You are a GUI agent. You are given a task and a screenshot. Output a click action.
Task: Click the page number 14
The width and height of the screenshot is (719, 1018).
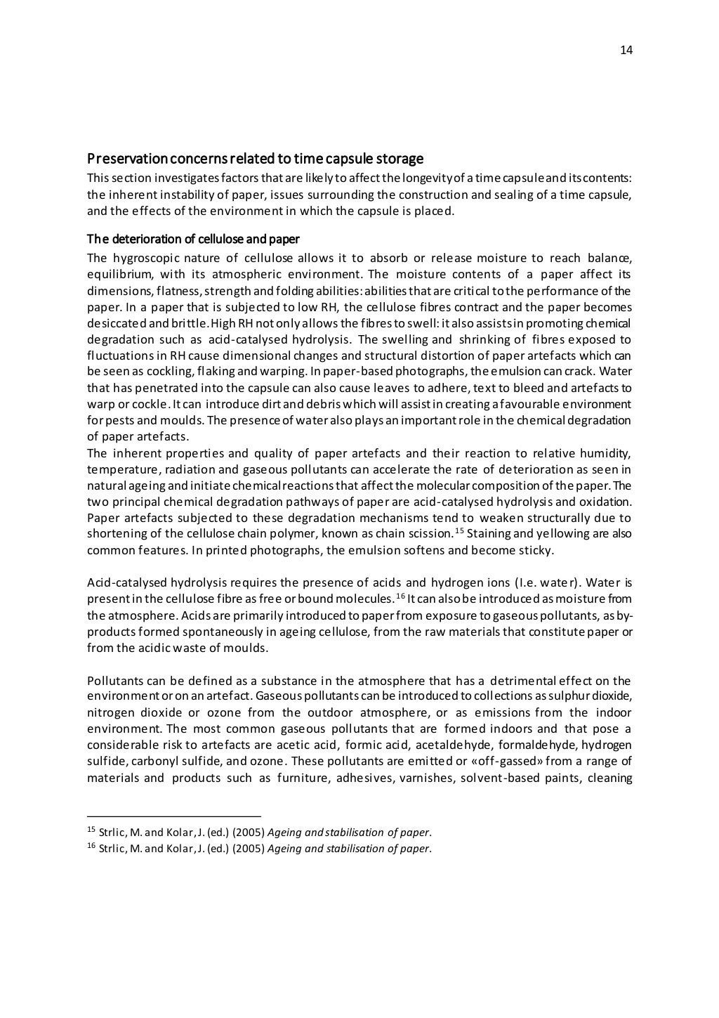(626, 50)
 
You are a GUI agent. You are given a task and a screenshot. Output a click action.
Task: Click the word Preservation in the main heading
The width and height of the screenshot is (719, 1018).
(125, 159)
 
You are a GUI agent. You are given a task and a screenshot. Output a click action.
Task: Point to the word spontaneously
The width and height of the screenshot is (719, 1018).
(174, 632)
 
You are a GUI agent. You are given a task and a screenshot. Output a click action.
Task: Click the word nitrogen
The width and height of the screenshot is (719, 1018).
(110, 712)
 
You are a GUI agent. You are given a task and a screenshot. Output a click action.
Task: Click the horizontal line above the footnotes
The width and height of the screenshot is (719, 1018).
(173, 816)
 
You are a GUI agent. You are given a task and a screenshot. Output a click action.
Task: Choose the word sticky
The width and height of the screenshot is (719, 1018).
(536, 549)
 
